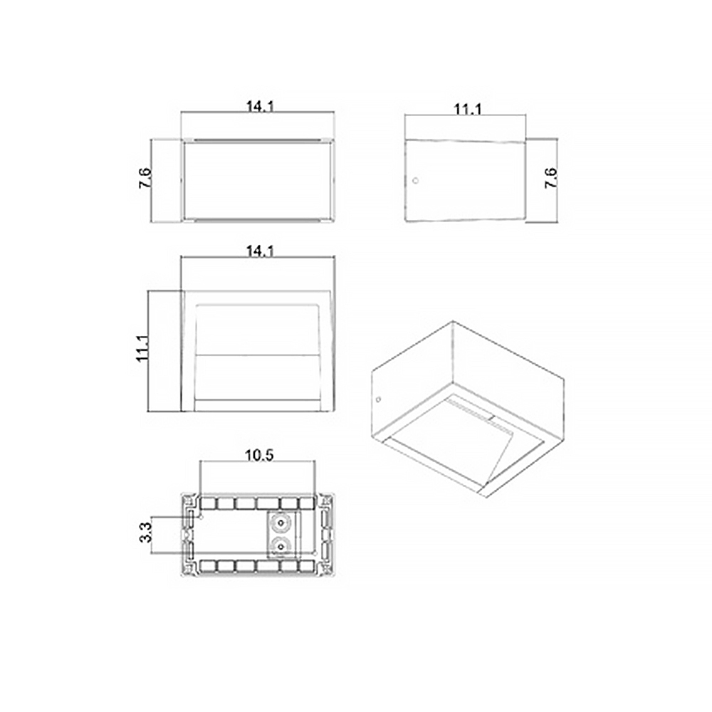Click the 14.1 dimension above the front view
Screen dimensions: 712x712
pyautogui.click(x=260, y=107)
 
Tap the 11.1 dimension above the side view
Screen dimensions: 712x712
pyautogui.click(x=468, y=110)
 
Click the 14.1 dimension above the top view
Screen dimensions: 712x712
pyautogui.click(x=260, y=251)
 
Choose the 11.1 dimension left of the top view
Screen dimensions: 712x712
pyautogui.click(x=142, y=349)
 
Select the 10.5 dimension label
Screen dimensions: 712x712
pyautogui.click(x=260, y=456)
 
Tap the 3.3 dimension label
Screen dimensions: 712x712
pyautogui.click(x=146, y=532)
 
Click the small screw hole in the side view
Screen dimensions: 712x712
pyautogui.click(x=415, y=181)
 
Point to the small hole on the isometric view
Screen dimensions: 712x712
pyautogui.click(x=378, y=399)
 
